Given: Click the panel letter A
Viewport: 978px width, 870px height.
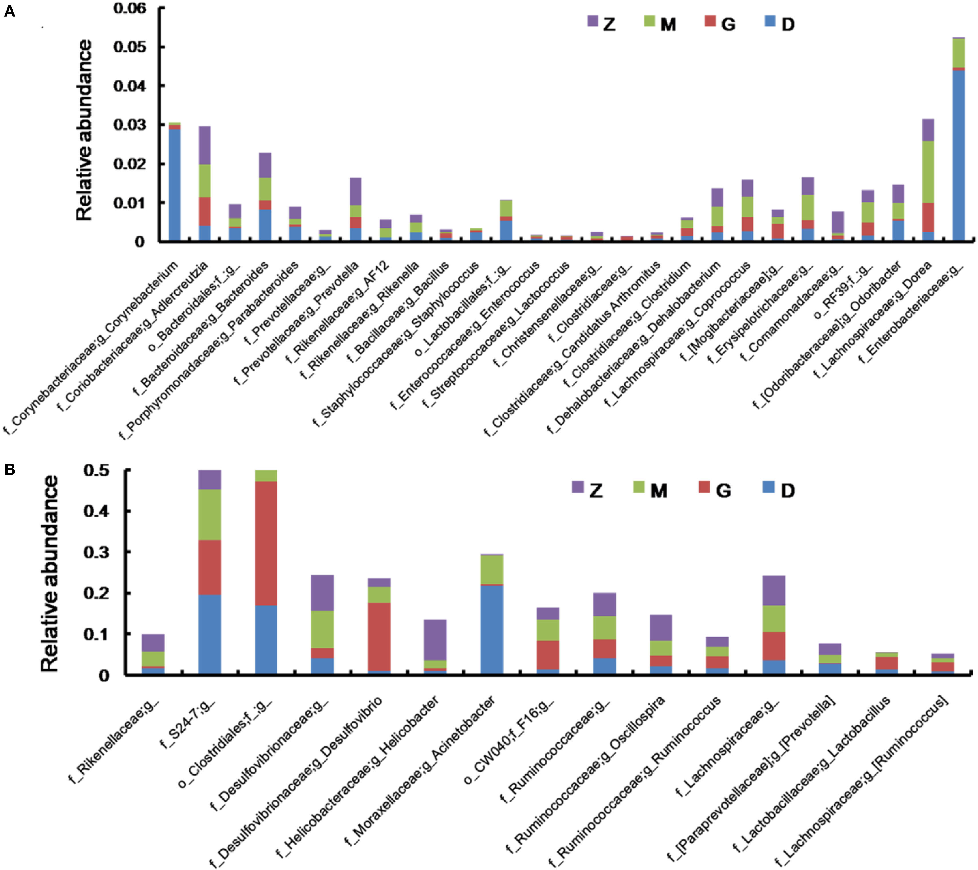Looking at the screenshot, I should [x=9, y=11].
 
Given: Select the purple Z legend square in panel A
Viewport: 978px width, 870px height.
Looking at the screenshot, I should [x=593, y=21].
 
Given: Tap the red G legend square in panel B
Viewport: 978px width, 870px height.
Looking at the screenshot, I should [x=704, y=487].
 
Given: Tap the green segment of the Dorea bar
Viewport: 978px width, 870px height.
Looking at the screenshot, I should [x=928, y=172].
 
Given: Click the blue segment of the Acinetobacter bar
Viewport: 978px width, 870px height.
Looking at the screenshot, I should [x=492, y=629].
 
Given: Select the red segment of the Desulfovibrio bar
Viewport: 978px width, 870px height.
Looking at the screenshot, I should [x=379, y=636].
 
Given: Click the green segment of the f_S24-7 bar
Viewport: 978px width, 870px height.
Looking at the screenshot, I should [x=210, y=515].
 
